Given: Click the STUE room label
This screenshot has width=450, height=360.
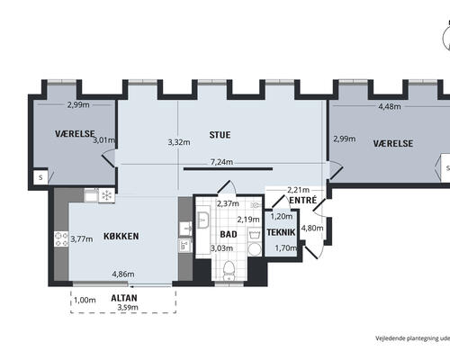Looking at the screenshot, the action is pyautogui.click(x=220, y=135).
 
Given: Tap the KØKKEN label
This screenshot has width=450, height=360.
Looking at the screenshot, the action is pyautogui.click(x=121, y=236).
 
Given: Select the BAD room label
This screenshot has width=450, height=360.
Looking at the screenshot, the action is pyautogui.click(x=229, y=234).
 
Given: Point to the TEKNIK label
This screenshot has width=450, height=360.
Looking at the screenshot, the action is pyautogui.click(x=281, y=232).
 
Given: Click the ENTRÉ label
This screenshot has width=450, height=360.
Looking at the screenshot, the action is pyautogui.click(x=303, y=200).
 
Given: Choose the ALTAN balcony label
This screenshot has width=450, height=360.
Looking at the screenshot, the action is pyautogui.click(x=124, y=298).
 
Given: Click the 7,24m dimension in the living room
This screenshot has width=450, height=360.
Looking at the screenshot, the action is pyautogui.click(x=221, y=162).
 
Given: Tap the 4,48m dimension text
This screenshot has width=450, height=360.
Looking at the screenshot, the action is pyautogui.click(x=390, y=106).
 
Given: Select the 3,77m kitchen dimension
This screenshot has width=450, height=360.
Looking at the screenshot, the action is pyautogui.click(x=82, y=239).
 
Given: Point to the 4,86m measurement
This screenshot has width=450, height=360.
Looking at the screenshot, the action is pyautogui.click(x=123, y=274).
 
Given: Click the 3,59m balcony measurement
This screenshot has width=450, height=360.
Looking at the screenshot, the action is pyautogui.click(x=128, y=307).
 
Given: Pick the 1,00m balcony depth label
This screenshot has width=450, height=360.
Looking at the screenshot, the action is pyautogui.click(x=85, y=300).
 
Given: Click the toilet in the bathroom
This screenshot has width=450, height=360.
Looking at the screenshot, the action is pyautogui.click(x=229, y=270).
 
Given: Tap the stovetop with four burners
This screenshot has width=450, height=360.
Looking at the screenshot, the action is pyautogui.click(x=61, y=239).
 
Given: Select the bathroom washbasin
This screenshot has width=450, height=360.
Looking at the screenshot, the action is pyautogui.click(x=203, y=220).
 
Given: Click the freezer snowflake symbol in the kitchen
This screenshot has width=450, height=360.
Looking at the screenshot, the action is pyautogui.click(x=106, y=195).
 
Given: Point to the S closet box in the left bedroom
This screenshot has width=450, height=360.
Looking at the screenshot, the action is pyautogui.click(x=40, y=177).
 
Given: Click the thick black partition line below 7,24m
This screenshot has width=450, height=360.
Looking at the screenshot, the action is pyautogui.click(x=228, y=169).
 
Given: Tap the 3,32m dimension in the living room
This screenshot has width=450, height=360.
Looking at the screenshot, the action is pyautogui.click(x=179, y=142).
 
